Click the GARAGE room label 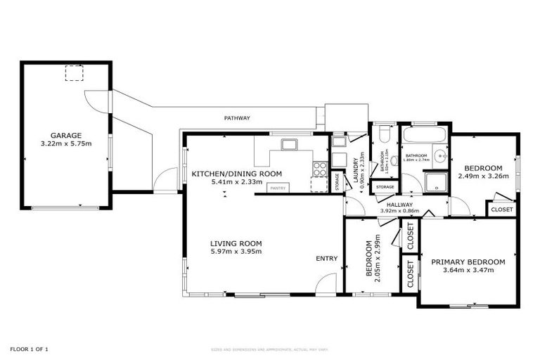[x=65, y=136]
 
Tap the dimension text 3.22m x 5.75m [x=65, y=144]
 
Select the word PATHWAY [x=237, y=118]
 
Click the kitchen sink [x=288, y=145]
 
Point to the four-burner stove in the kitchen [x=319, y=169]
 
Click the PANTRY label [x=277, y=188]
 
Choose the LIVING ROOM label [x=236, y=243]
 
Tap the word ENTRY [x=326, y=259]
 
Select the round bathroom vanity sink [x=439, y=156]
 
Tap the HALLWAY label [x=399, y=204]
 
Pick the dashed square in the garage [x=74, y=73]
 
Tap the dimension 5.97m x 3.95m [x=236, y=252]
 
